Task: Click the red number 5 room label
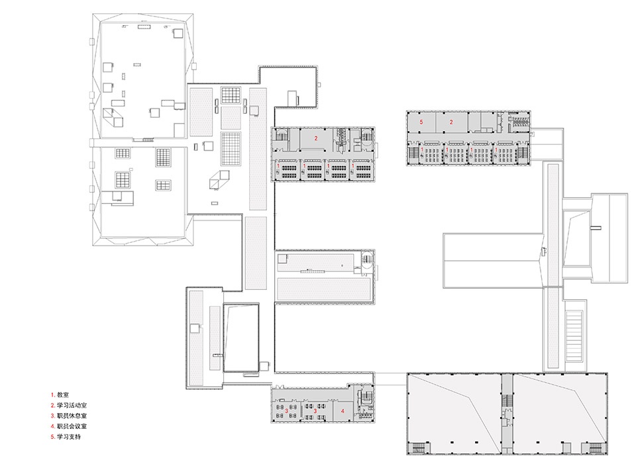click(421, 122)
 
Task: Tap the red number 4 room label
click(343, 411)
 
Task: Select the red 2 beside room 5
click(451, 122)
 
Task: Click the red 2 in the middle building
click(316, 138)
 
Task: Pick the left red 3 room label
click(287, 411)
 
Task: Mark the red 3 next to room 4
click(315, 411)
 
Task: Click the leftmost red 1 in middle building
click(278, 166)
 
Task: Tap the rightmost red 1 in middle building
click(353, 166)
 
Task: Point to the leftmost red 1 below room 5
click(423, 150)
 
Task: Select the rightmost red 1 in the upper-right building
click(496, 150)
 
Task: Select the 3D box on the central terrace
click(219, 179)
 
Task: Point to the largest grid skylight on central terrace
click(231, 149)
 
